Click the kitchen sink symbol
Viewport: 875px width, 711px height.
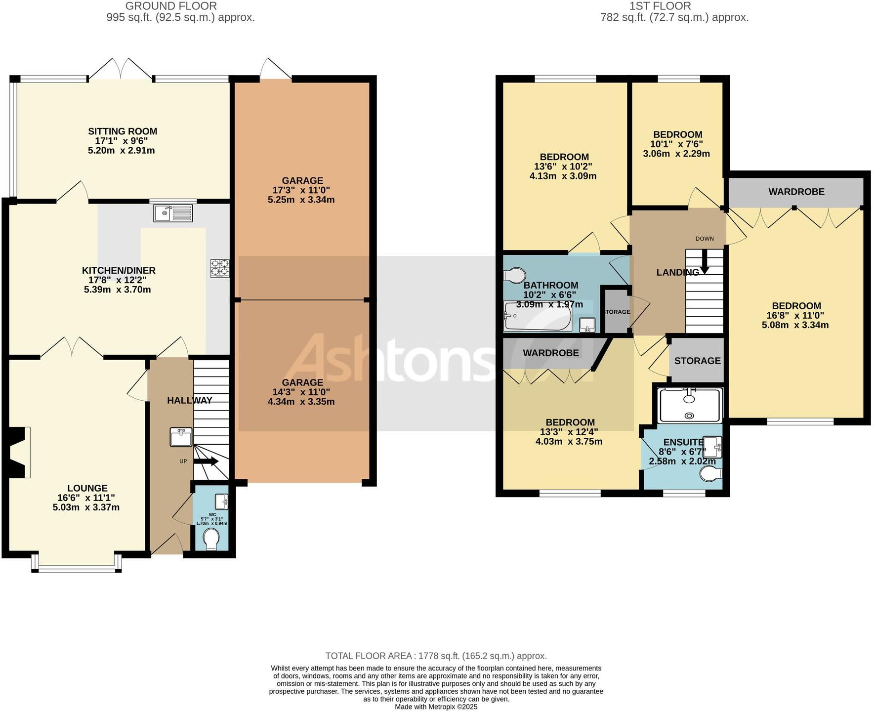click(172, 214)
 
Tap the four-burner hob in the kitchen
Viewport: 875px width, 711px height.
click(220, 268)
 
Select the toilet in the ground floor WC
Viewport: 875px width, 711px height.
click(211, 539)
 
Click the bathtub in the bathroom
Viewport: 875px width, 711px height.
click(537, 317)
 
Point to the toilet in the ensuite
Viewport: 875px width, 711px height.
click(711, 474)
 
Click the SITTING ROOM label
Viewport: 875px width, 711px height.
click(123, 131)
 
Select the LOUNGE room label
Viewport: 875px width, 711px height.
click(87, 488)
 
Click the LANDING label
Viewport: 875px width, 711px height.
click(677, 272)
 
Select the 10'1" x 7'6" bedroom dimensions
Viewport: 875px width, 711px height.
click(676, 144)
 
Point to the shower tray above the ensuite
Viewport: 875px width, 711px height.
click(690, 405)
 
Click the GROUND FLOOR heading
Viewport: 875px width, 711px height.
click(171, 6)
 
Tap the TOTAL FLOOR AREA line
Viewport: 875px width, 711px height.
click(436, 656)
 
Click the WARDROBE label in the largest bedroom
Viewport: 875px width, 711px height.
click(796, 192)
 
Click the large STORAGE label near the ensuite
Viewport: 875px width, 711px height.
click(697, 361)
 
